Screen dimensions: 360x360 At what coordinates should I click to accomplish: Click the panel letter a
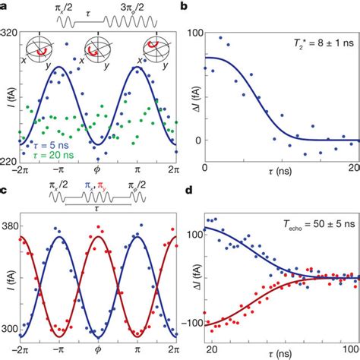pyautogui.click(x=4, y=5)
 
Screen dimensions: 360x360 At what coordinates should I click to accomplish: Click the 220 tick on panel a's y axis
pyautogui.click(x=10, y=162)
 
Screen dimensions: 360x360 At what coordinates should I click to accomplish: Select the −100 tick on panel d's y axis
pyautogui.click(x=191, y=323)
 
